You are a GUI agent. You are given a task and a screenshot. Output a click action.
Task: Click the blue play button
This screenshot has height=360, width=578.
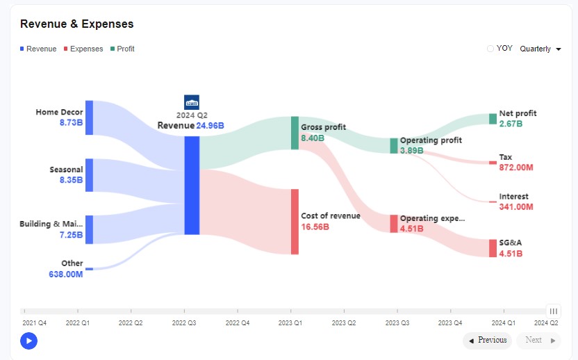tap(28, 341)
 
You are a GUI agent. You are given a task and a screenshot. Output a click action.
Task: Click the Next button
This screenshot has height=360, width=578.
tap(538, 341)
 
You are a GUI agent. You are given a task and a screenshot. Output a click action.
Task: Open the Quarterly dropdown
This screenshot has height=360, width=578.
tap(540, 49)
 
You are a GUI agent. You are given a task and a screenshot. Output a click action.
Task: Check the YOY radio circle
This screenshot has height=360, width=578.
tap(490, 49)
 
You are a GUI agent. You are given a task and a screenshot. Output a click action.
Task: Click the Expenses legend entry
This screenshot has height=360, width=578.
tap(83, 49)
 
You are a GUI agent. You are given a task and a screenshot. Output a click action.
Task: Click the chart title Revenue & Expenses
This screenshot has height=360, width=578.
tap(77, 24)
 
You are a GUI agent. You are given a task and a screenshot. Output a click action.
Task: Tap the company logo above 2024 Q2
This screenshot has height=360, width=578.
tap(192, 101)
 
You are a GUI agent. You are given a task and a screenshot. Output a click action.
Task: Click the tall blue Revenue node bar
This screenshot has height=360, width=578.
tap(192, 185)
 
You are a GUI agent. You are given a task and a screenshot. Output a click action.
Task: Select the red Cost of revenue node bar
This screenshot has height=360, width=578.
tap(295, 221)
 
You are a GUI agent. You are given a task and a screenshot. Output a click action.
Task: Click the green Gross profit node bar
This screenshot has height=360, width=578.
tap(295, 133)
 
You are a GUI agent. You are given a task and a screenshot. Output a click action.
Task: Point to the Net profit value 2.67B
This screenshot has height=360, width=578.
tap(511, 124)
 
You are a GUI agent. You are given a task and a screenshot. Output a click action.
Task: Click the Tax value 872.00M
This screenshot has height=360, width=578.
tap(516, 167)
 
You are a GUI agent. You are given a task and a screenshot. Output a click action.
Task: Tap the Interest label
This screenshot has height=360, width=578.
tap(513, 197)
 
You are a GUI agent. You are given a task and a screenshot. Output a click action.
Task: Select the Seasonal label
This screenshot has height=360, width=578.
tap(66, 170)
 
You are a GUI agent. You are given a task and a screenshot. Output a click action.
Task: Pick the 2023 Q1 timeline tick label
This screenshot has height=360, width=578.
tap(290, 322)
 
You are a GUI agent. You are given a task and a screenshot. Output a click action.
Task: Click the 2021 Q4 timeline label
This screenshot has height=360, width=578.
tap(35, 322)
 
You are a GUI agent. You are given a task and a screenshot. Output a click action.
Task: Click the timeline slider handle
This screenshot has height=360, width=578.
tap(553, 311)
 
